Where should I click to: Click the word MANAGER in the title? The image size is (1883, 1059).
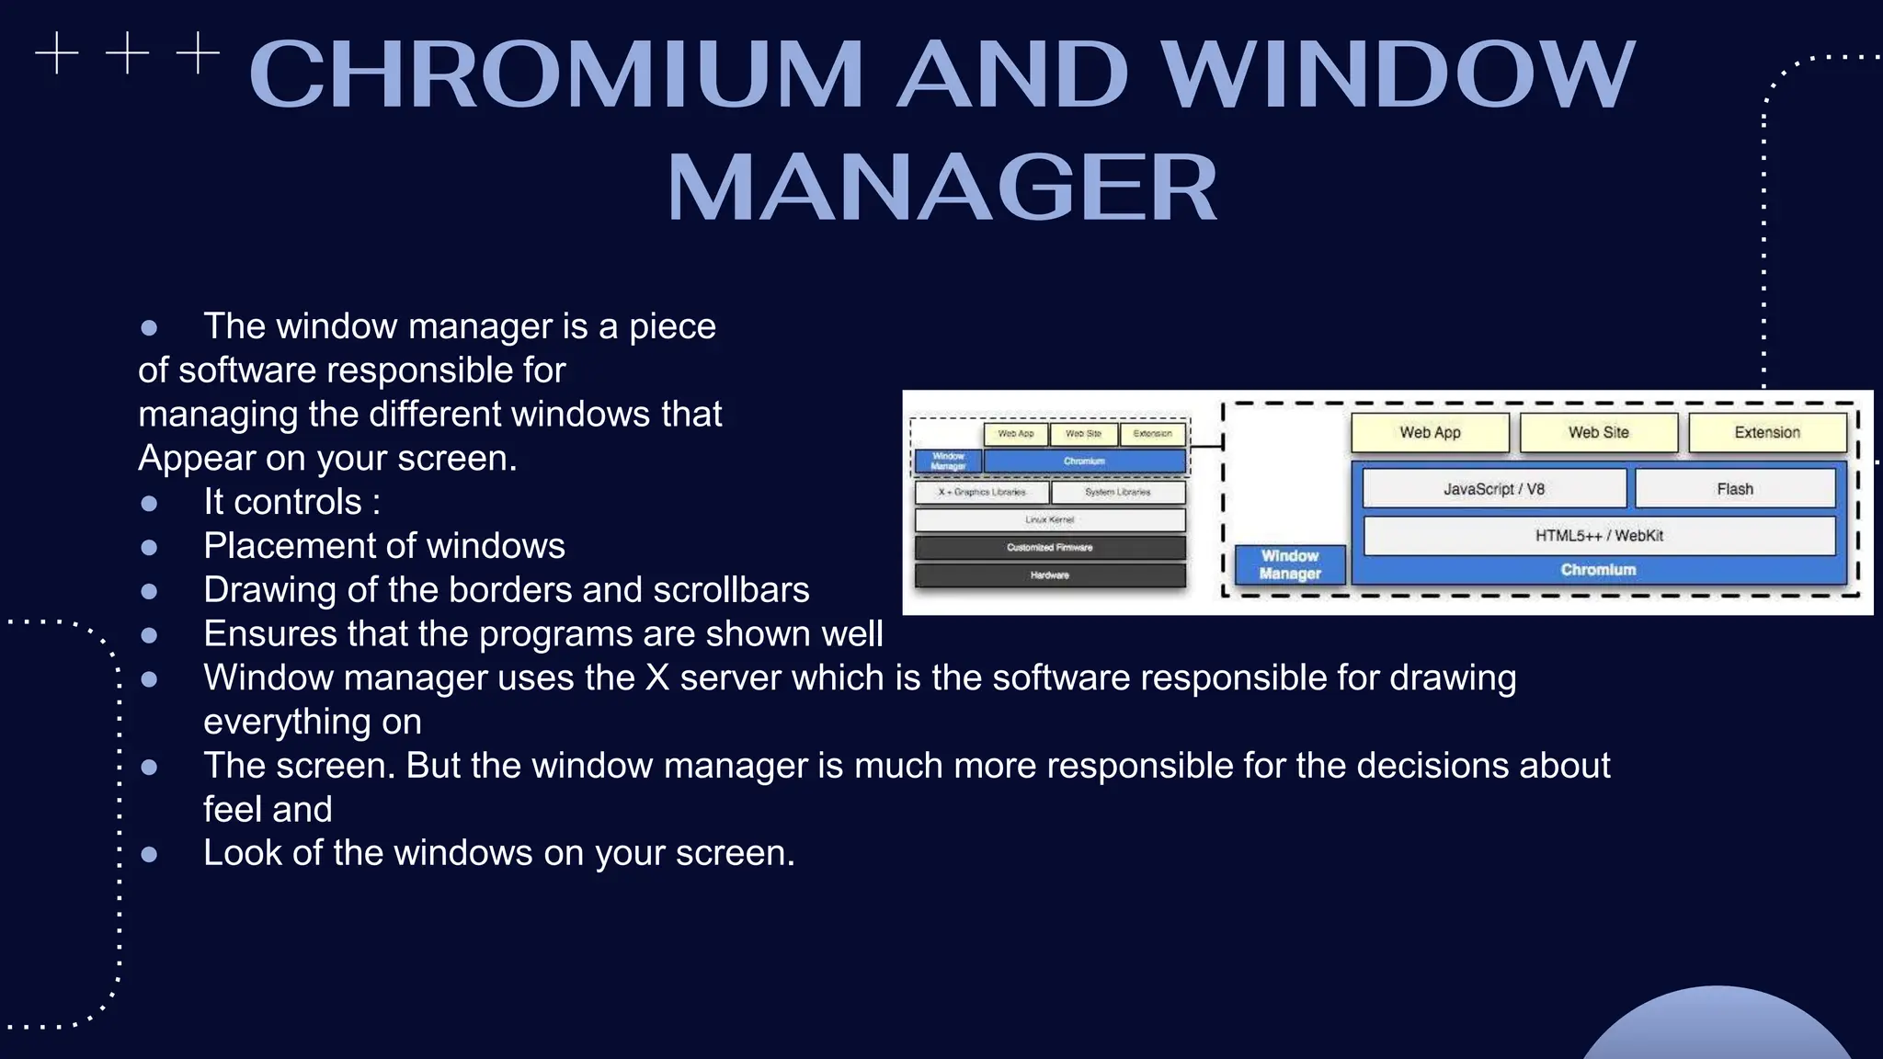(x=941, y=188)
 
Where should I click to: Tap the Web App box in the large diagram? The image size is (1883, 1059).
(x=1430, y=432)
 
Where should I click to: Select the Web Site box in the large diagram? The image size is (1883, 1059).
(x=1598, y=432)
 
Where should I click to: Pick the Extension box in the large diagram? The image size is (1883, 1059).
(x=1766, y=432)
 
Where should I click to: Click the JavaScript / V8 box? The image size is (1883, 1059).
(x=1493, y=489)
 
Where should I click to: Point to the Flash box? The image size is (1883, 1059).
(x=1734, y=489)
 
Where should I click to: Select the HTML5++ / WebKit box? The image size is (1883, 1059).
(x=1598, y=536)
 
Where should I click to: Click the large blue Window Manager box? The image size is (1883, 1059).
(x=1289, y=564)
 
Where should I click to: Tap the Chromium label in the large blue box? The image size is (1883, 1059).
(x=1598, y=570)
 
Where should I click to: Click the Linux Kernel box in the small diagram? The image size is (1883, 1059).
(x=1049, y=520)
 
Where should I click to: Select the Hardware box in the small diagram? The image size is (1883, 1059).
(x=1049, y=575)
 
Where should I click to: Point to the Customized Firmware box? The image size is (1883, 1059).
(x=1049, y=548)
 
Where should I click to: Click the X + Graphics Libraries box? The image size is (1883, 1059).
(x=982, y=493)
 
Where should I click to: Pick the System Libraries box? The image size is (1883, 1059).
(x=1117, y=493)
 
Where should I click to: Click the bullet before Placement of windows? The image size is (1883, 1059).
(x=149, y=548)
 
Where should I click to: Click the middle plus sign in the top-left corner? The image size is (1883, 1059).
(x=127, y=53)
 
